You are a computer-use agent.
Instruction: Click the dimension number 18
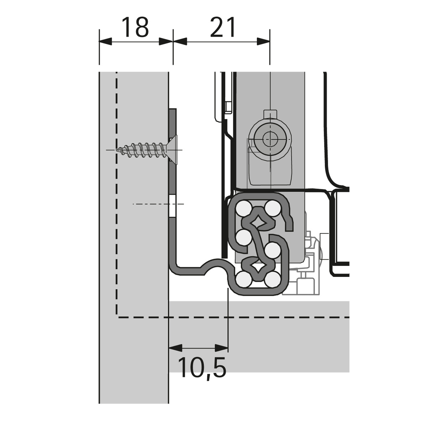point(135,27)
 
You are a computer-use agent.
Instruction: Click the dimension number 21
point(222,27)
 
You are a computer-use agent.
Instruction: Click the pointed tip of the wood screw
point(117,150)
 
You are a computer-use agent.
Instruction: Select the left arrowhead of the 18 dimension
point(105,41)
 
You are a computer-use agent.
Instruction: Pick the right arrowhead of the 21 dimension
point(263,41)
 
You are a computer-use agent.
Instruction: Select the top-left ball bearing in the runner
point(244,208)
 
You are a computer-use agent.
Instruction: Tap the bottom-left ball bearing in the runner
point(243,280)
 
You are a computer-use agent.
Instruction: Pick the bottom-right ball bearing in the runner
point(272,280)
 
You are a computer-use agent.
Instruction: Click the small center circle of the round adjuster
point(270,139)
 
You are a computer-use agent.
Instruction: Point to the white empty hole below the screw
point(173,206)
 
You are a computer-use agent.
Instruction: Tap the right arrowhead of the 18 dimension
point(166,41)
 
